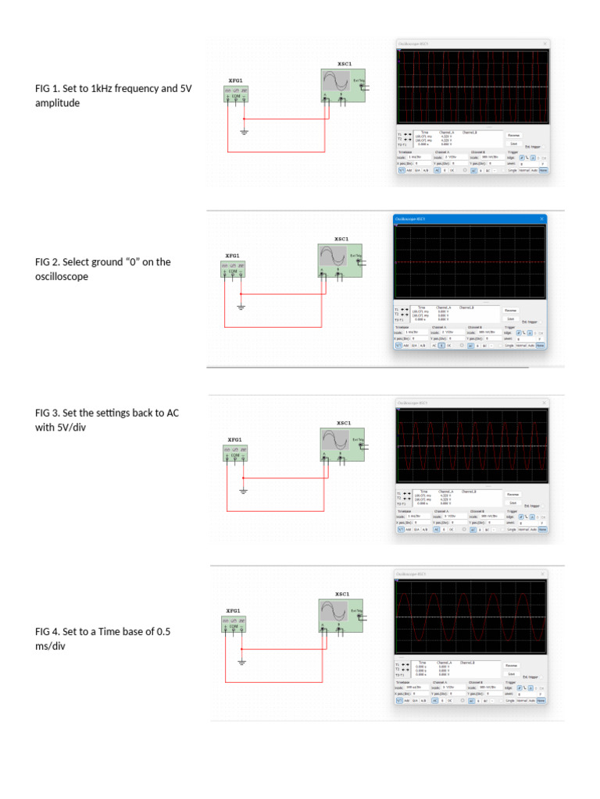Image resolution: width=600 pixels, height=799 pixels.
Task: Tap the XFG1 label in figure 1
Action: coord(235,80)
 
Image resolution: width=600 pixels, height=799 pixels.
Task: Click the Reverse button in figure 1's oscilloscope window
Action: coord(513,135)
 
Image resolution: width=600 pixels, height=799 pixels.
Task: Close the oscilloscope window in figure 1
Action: coord(545,44)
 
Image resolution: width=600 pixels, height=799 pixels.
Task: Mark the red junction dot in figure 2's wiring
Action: coord(241,294)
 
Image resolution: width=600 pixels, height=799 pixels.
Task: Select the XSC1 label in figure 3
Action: coord(344,423)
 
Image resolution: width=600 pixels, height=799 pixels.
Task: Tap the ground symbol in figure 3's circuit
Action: coord(244,490)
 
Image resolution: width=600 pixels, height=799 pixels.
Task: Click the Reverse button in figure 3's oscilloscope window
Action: coord(513,494)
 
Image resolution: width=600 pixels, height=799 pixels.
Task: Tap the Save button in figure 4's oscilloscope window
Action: coord(512,673)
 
